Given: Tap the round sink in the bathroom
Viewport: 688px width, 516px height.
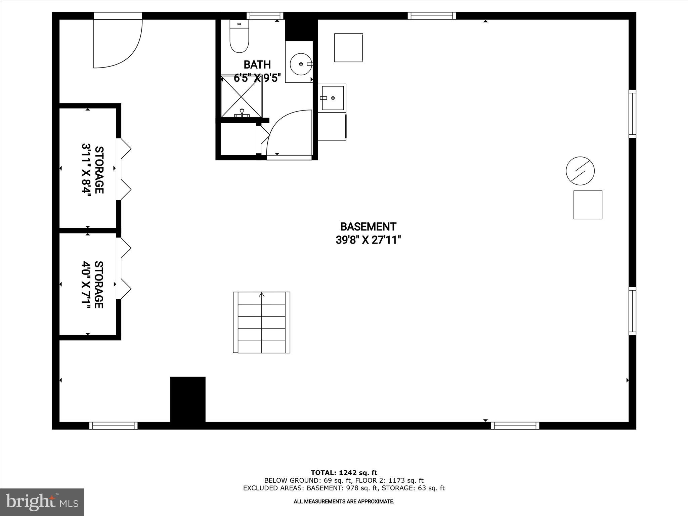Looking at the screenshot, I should (x=301, y=64).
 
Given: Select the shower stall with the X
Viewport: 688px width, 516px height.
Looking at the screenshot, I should (x=241, y=96).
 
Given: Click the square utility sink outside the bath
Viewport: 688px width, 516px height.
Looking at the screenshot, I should (x=333, y=98).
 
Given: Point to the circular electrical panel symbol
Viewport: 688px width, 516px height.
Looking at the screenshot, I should (x=580, y=171).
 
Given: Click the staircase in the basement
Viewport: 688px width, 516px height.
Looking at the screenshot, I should (x=262, y=322).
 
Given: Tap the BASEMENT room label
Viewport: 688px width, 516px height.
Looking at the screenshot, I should (x=368, y=227).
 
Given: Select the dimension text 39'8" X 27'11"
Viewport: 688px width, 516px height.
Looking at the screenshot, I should (x=368, y=240).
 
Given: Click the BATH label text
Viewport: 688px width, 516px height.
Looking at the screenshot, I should (x=257, y=64).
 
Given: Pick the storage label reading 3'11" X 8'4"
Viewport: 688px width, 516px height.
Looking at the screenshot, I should (x=87, y=170).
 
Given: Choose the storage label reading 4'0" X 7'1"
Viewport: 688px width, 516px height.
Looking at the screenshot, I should (x=87, y=285).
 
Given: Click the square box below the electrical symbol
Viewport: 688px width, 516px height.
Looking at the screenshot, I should (x=588, y=205).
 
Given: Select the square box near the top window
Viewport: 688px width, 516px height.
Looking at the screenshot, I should (x=348, y=48).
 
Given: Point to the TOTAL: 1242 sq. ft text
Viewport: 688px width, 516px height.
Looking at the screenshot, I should (x=344, y=473).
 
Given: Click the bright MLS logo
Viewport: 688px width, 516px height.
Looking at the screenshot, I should (x=42, y=502).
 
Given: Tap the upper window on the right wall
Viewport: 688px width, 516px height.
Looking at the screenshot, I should (x=632, y=114).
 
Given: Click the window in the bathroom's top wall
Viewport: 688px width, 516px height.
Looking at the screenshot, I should (x=265, y=16).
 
